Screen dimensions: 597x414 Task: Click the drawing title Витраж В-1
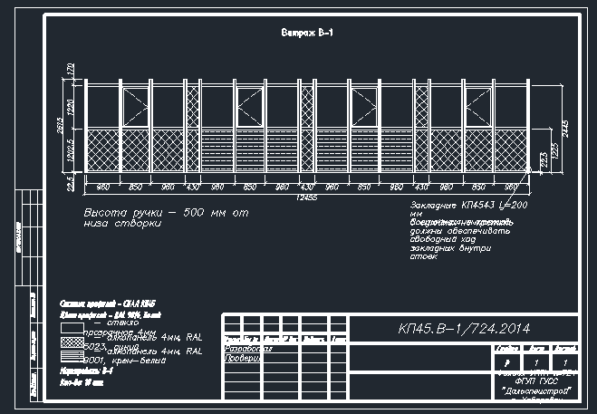303,33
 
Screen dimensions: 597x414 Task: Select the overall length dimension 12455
305,198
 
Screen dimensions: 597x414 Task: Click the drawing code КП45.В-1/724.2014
464,328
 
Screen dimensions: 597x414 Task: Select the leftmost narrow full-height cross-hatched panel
192,127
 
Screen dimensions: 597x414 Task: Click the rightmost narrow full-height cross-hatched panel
420,127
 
